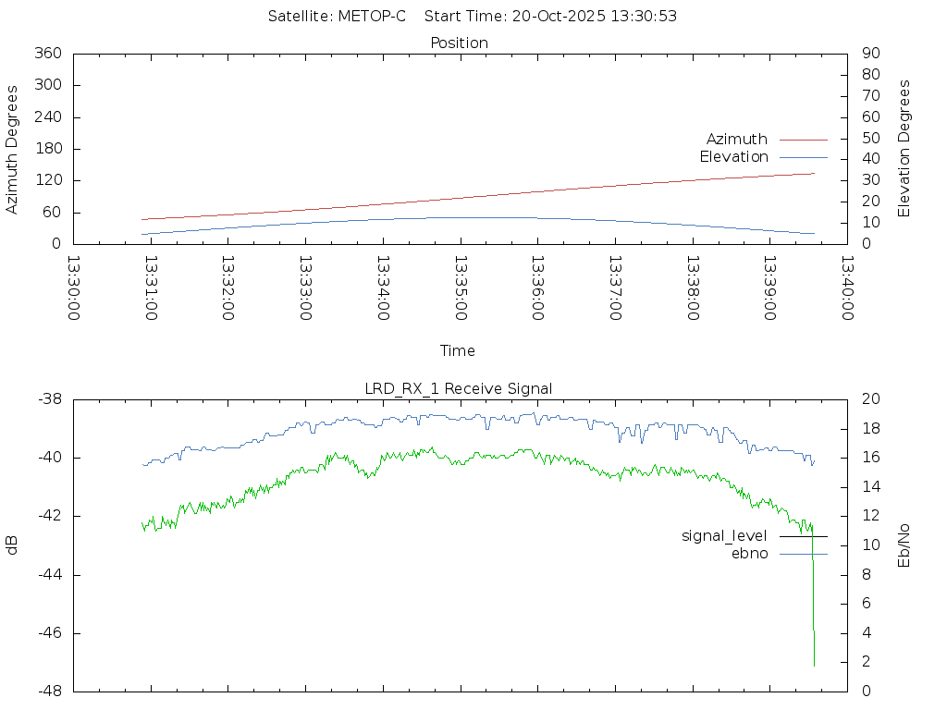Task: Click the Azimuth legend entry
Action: tap(737, 140)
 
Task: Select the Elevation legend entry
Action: tap(733, 157)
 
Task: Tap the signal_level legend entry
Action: tap(724, 536)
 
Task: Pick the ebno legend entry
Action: tap(749, 554)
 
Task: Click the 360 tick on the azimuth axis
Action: tap(47, 54)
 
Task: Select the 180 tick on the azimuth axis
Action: tap(47, 149)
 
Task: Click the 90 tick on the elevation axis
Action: tap(869, 54)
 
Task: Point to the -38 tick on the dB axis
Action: tap(48, 399)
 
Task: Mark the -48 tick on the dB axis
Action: tap(48, 692)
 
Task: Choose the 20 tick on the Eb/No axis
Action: tap(870, 399)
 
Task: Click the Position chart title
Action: tap(460, 43)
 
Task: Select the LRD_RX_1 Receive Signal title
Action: tap(459, 389)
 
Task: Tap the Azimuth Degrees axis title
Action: tap(13, 149)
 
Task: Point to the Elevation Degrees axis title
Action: tap(905, 149)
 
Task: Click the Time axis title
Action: tap(458, 351)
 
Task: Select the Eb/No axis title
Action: tap(905, 545)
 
